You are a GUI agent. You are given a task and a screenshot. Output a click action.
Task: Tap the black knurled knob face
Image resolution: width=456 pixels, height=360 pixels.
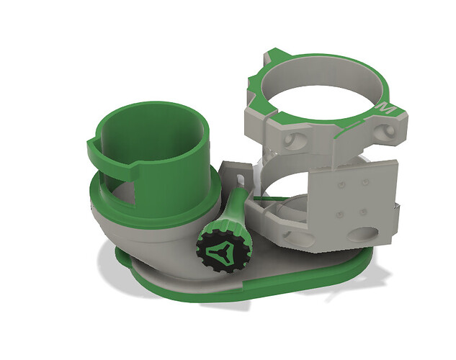point(222,251)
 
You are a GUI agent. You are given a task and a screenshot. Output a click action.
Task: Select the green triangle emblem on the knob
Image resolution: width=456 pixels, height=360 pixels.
point(221,251)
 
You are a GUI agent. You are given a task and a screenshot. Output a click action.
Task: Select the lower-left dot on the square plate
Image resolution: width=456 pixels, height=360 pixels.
point(339,215)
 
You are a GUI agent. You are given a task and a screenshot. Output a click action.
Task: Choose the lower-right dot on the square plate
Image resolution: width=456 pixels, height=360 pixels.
point(362,212)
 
